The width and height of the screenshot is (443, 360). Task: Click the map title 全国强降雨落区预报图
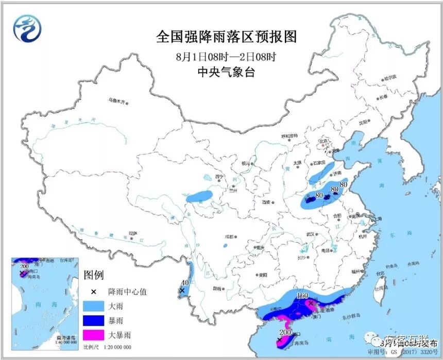227,38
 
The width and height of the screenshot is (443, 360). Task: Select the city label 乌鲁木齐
116,101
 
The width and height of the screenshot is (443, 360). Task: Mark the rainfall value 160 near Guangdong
302,296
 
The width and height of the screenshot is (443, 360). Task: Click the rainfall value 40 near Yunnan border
185,283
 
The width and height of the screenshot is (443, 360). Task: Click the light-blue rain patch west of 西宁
200,197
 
